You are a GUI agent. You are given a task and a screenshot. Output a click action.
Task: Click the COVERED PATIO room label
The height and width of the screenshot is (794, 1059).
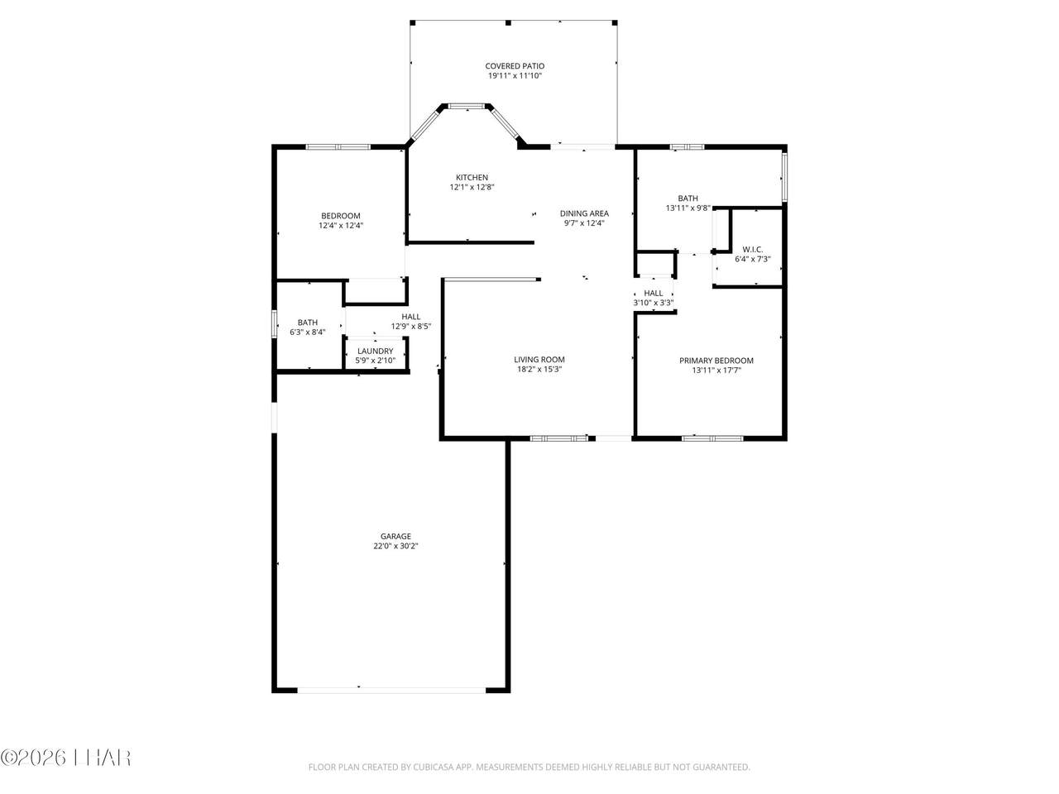(515, 66)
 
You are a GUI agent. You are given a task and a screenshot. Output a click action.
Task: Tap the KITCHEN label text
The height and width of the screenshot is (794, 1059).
(472, 177)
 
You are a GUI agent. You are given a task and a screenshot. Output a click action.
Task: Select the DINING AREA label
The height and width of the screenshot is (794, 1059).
(584, 213)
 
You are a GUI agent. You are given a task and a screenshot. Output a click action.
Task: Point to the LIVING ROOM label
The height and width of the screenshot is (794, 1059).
(539, 359)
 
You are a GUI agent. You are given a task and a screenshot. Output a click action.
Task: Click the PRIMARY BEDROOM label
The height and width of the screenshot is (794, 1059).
(716, 360)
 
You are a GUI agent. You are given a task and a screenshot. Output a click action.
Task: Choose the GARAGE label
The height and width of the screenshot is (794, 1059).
(395, 536)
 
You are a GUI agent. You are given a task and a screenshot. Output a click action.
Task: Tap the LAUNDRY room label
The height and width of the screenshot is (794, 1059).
(376, 351)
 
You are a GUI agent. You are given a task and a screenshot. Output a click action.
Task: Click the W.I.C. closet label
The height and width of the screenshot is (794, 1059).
(753, 249)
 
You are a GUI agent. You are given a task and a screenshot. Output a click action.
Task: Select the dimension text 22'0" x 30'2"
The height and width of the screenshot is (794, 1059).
(395, 546)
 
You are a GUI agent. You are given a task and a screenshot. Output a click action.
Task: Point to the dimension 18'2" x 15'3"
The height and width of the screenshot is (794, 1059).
(539, 369)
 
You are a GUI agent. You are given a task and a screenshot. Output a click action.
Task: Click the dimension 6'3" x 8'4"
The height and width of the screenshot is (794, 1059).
(307, 332)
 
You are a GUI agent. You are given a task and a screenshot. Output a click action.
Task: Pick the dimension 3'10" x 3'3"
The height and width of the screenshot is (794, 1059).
(654, 303)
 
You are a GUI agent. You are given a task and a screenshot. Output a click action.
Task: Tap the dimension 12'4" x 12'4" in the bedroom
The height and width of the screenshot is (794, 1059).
(341, 225)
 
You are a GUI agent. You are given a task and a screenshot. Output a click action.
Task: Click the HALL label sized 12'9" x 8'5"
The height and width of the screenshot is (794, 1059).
(411, 316)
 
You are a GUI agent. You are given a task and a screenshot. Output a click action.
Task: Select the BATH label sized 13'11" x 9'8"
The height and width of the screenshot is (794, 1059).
(688, 198)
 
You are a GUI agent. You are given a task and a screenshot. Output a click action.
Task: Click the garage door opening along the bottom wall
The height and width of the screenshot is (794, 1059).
(391, 690)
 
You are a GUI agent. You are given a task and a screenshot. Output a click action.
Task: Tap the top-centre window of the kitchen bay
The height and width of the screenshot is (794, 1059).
(467, 106)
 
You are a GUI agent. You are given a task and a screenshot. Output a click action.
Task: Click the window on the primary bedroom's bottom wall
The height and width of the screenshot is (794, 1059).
(712, 438)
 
